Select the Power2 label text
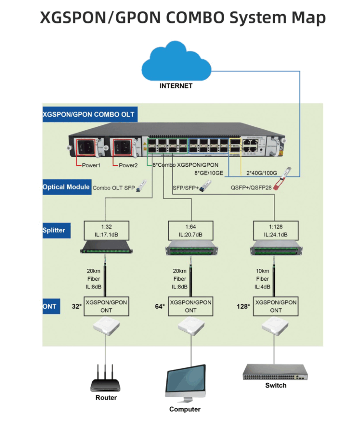tap(128, 165)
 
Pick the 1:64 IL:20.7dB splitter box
tap(191, 230)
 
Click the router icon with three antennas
tap(106, 378)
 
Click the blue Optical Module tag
tap(67, 187)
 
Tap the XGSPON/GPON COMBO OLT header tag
tap(88, 114)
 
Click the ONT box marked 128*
tap(276, 306)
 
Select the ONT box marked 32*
tap(107, 306)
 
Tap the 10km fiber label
tap(263, 278)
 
